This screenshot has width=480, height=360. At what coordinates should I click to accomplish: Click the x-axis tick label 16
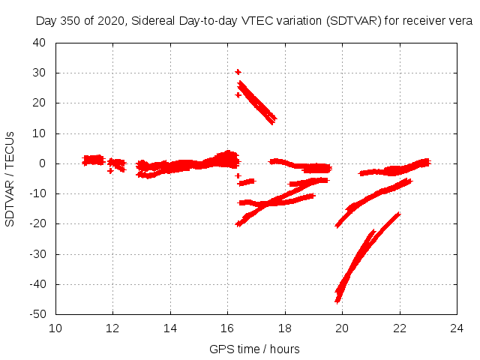227,328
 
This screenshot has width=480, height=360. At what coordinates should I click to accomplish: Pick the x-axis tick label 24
457,328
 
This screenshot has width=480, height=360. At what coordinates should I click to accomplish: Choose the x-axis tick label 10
55,328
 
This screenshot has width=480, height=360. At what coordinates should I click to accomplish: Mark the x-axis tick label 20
342,328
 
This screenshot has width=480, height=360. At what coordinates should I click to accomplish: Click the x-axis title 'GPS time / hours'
256,349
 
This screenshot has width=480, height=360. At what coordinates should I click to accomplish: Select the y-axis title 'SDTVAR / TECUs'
10,178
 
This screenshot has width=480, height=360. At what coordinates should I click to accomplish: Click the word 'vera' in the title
460,21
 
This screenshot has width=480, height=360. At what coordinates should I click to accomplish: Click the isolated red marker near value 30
238,72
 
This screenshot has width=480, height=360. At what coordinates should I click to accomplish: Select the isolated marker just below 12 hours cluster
110,171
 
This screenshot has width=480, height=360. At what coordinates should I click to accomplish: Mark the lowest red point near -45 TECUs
337,300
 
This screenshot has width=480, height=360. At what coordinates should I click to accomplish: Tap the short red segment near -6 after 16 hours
247,181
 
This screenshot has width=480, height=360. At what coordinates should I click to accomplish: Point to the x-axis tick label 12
112,328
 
